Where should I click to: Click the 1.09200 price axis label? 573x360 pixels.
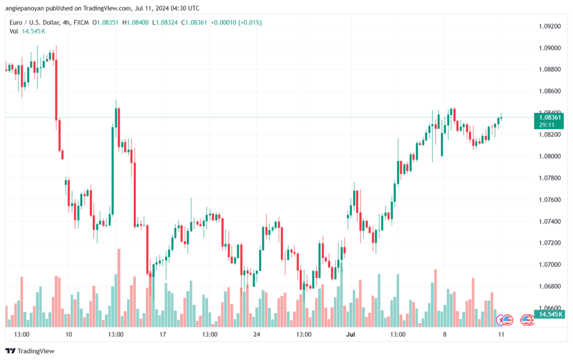(549, 26)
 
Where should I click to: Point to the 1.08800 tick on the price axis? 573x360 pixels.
(549, 69)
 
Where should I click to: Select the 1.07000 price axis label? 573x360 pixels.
(549, 265)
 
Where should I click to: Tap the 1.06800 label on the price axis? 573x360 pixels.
(549, 286)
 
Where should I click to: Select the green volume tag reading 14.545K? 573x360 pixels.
(549, 314)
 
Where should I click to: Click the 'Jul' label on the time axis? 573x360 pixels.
(350, 334)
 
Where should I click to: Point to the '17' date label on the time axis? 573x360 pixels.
(163, 334)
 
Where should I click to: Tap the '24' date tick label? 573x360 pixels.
(256, 334)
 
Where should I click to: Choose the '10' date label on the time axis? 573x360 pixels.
(69, 334)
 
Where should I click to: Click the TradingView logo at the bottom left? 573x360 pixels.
(30, 351)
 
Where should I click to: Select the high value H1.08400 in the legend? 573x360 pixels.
(135, 22)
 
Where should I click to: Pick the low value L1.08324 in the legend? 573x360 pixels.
(165, 22)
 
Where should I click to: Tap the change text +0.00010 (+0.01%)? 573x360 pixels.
(237, 22)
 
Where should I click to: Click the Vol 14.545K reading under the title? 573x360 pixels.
(27, 31)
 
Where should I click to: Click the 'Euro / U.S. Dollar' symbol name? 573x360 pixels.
(35, 22)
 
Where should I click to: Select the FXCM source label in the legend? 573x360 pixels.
(81, 22)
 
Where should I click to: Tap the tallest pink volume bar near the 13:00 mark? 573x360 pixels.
(119, 288)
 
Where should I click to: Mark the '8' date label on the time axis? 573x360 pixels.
(444, 334)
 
